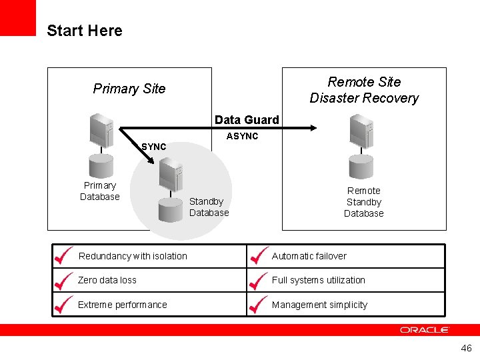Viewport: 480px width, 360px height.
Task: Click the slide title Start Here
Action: pyautogui.click(x=85, y=31)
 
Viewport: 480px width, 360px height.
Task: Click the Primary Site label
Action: pyautogui.click(x=129, y=89)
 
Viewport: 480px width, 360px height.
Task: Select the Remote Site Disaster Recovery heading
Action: pyautogui.click(x=364, y=90)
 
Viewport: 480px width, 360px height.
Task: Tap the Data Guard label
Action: pyautogui.click(x=247, y=120)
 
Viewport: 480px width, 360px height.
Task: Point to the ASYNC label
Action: pyautogui.click(x=242, y=136)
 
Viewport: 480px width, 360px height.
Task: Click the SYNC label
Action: pyautogui.click(x=154, y=147)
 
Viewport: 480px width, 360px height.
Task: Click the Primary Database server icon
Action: pyautogui.click(x=102, y=131)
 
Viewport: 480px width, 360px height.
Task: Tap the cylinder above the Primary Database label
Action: pyautogui.click(x=100, y=166)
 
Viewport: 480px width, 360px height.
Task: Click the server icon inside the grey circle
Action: pyautogui.click(x=171, y=175)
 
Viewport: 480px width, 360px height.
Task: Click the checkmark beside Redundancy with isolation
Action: pyautogui.click(x=63, y=255)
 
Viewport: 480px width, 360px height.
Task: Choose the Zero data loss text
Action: pyautogui.click(x=107, y=280)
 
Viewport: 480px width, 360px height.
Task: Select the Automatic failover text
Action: pyautogui.click(x=309, y=256)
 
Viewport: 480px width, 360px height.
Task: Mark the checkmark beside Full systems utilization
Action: pyautogui.click(x=258, y=279)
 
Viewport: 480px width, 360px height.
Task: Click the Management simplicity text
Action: pyautogui.click(x=319, y=305)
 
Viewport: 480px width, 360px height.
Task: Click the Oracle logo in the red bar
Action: pyautogui.click(x=425, y=330)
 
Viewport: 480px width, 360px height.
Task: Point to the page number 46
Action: pyautogui.click(x=466, y=349)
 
